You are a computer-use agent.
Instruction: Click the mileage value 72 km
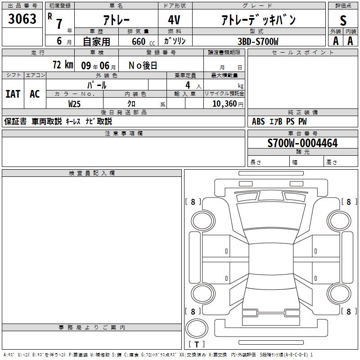(63, 65)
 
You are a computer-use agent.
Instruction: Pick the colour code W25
(75, 103)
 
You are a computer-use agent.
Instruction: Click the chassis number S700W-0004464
(302, 143)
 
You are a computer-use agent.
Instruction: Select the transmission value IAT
(13, 94)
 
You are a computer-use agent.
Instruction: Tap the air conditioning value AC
(35, 94)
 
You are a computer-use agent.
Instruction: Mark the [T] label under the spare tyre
(197, 344)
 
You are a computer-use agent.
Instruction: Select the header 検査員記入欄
(92, 173)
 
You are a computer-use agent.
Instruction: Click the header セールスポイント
(303, 53)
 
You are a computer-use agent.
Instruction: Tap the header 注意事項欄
(124, 134)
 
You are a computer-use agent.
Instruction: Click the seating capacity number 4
(187, 85)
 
